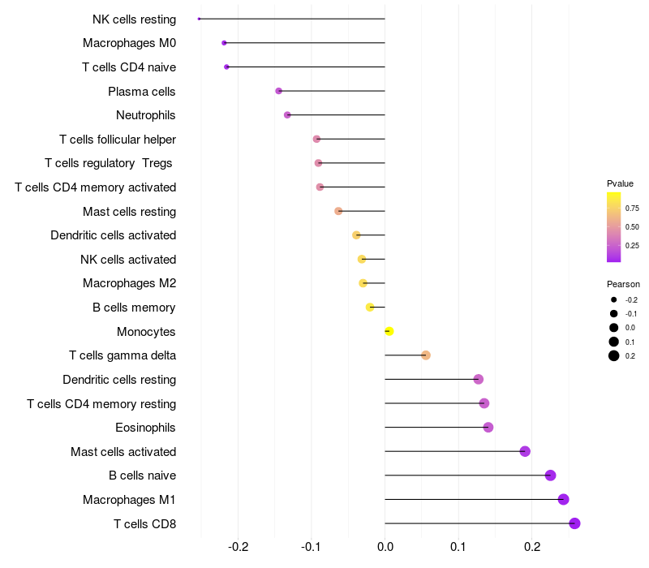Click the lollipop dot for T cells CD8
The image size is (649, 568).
tap(575, 523)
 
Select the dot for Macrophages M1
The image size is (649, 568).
tap(564, 500)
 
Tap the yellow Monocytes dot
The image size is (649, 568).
tap(389, 331)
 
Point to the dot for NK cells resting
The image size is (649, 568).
tap(200, 19)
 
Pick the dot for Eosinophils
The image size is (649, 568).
tap(488, 428)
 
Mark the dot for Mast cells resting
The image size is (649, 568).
tap(338, 211)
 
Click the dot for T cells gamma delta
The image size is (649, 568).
tap(426, 355)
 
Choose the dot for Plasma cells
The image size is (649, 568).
tap(279, 91)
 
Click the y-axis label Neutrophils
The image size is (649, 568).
tap(146, 115)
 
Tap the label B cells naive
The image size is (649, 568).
tap(142, 475)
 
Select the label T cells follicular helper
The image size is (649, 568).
tap(118, 140)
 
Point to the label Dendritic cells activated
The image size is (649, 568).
tap(113, 235)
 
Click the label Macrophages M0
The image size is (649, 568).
tap(129, 43)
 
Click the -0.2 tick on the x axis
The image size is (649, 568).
tap(238, 547)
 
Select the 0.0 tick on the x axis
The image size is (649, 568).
tap(385, 547)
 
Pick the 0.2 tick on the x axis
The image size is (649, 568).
tap(531, 547)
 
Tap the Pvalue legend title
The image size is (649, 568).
tap(620, 183)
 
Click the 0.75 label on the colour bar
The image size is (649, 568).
tap(632, 209)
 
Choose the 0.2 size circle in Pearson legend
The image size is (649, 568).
tap(614, 355)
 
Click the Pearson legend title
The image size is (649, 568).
tap(623, 285)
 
